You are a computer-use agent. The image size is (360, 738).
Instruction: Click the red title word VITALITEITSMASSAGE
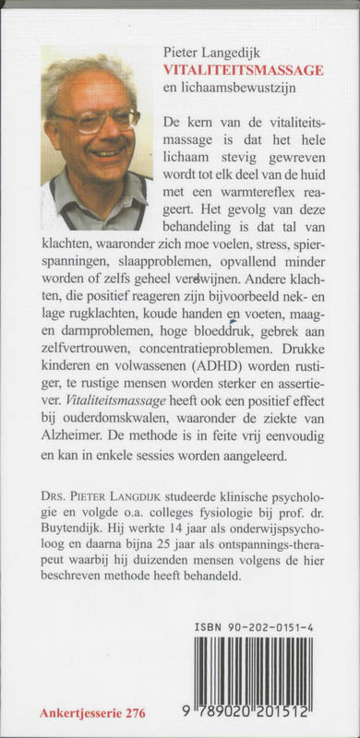[245, 67]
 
